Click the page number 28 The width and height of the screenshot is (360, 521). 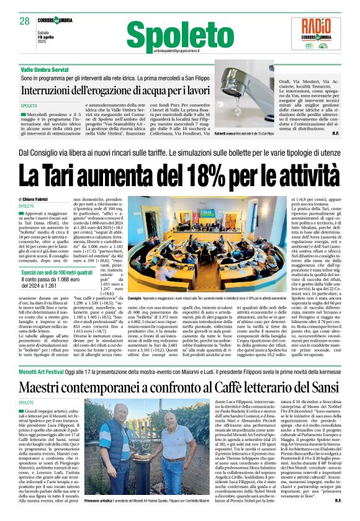(x=25, y=21)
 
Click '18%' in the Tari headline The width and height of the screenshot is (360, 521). (x=197, y=177)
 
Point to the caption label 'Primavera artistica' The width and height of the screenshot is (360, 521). (x=102, y=500)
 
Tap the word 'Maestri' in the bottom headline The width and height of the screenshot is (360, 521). (x=45, y=388)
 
